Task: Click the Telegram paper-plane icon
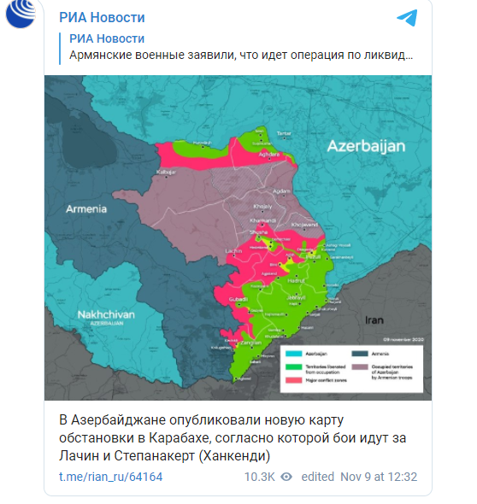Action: coord(408,19)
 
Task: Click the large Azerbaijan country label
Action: coord(365,146)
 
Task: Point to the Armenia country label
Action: coord(86,209)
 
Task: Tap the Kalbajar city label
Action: coord(164,173)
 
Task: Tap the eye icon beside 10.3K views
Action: coord(287,476)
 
